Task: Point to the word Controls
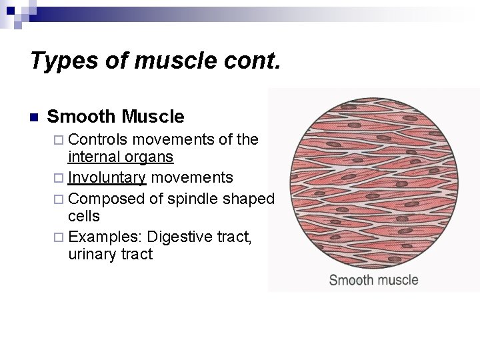pos(98,139)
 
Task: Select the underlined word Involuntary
pos(107,177)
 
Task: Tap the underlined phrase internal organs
pos(121,158)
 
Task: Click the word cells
pos(84,216)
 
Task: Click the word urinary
pos(90,254)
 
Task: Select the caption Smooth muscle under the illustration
pos(373,279)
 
